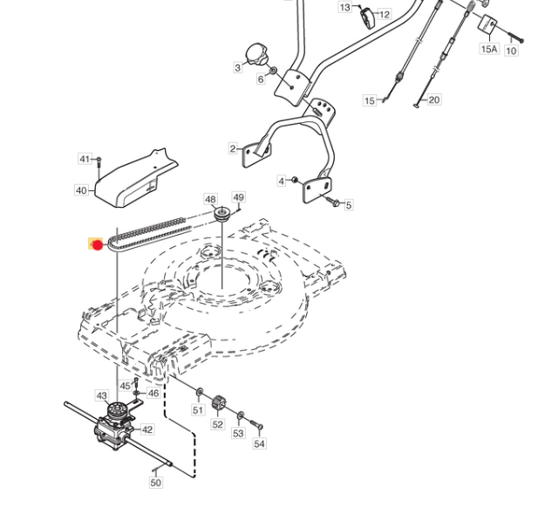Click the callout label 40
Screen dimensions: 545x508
81,190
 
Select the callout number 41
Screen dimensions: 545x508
85,159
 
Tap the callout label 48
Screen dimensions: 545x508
210,199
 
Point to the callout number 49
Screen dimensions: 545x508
238,197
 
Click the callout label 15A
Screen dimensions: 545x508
489,49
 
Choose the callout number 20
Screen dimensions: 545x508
433,100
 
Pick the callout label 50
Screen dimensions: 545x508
156,483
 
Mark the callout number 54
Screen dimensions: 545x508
259,443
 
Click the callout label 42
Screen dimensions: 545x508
147,429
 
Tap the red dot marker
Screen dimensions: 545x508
98,245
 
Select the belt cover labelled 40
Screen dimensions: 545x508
137,179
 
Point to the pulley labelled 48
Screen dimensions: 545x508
222,214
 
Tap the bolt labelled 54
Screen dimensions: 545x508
256,424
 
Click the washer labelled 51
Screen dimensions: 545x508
200,392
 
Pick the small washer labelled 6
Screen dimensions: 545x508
273,71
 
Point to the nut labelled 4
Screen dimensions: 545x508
294,180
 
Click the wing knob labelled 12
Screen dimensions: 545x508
367,17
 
